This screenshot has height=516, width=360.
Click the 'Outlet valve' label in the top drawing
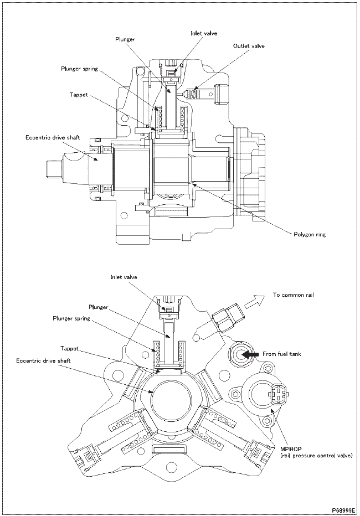pyautogui.click(x=249, y=46)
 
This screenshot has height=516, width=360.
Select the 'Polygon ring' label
pyautogui.click(x=309, y=234)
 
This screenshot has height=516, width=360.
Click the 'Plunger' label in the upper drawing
pyautogui.click(x=125, y=40)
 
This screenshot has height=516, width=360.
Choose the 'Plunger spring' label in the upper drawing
pyautogui.click(x=79, y=69)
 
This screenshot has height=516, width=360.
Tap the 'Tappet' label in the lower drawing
pyautogui.click(x=69, y=349)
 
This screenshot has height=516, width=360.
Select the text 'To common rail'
pyautogui.click(x=293, y=295)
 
